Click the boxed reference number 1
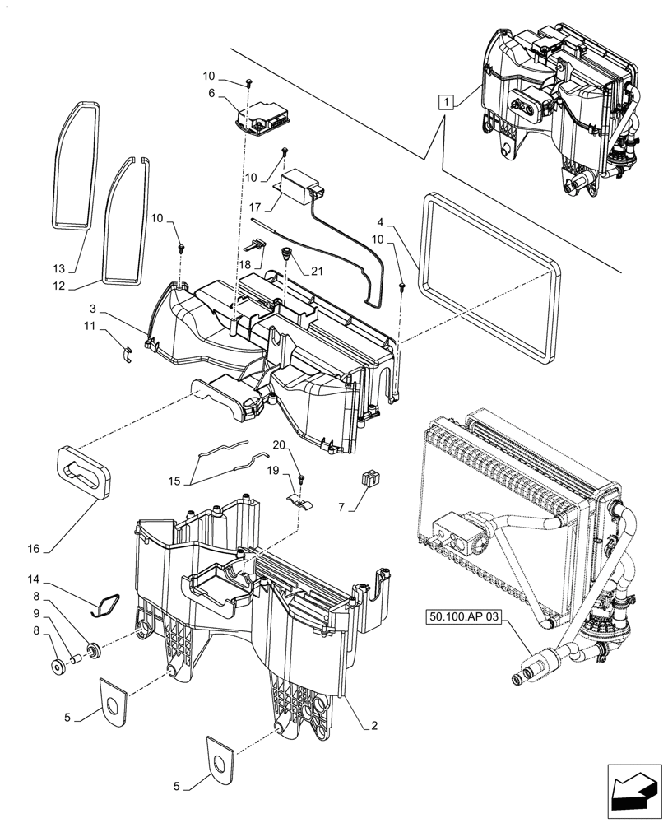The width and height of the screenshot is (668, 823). (445, 103)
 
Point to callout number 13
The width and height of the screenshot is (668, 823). (58, 269)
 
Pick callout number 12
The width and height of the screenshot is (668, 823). (58, 286)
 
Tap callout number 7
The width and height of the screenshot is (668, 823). (341, 509)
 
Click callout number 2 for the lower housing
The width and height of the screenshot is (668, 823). (374, 726)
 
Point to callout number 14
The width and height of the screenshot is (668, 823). (58, 579)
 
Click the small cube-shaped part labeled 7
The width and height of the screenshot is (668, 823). (369, 477)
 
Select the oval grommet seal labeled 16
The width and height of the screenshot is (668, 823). (85, 471)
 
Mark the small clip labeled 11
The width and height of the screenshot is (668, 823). (128, 354)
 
